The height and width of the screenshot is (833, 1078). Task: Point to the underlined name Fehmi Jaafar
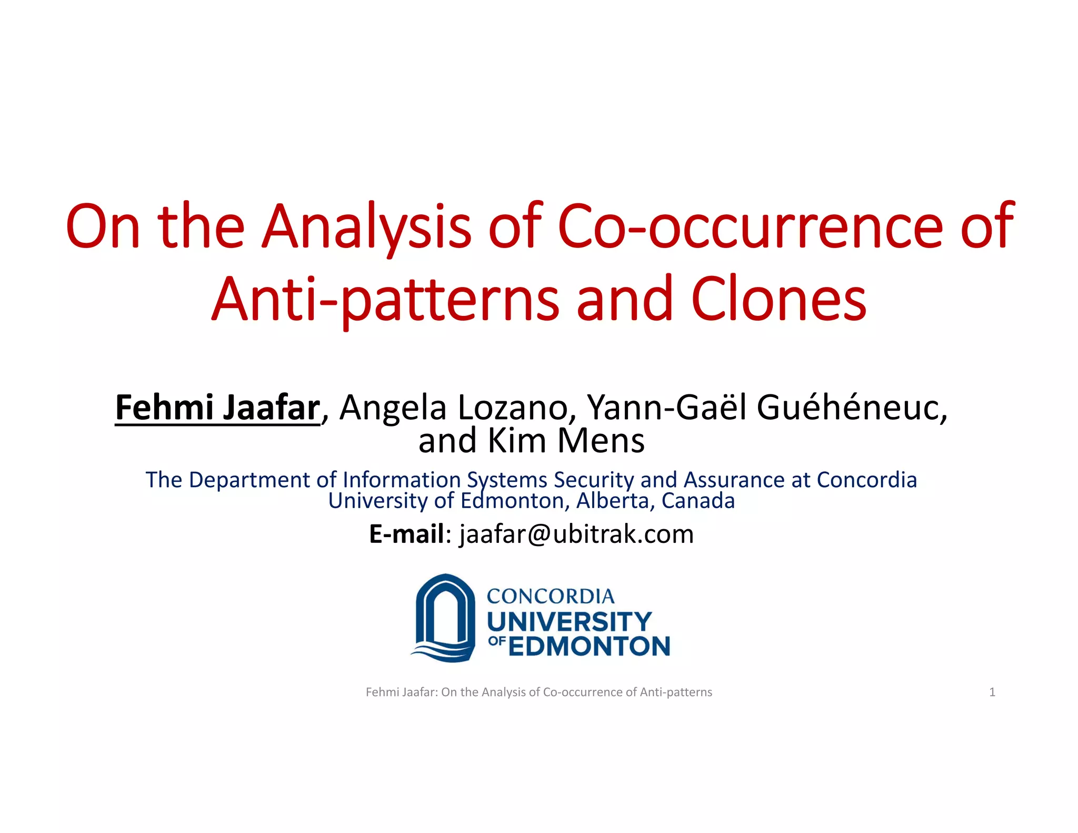tap(217, 408)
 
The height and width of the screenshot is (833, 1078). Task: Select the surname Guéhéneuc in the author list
tap(852, 408)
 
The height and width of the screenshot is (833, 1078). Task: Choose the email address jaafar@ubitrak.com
tap(576, 534)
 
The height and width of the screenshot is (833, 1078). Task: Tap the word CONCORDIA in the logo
tap(551, 597)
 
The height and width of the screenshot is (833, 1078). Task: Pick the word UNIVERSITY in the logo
tap(570, 622)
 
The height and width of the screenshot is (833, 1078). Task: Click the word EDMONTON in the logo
tap(590, 647)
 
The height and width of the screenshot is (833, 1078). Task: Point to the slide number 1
tap(992, 692)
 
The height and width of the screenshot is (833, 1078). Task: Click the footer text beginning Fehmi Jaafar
tap(538, 692)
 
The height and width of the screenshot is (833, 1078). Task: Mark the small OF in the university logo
tap(497, 641)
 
